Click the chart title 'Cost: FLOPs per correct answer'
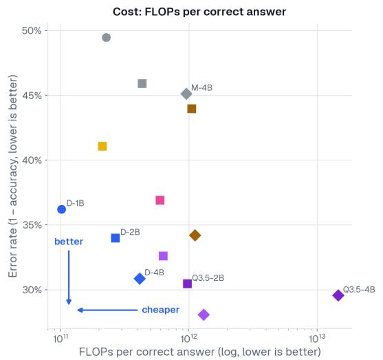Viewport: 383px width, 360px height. point(199,12)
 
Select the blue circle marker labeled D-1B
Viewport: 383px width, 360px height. point(62,209)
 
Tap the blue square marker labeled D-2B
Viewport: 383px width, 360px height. point(116,238)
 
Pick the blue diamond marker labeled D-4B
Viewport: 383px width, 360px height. point(140,279)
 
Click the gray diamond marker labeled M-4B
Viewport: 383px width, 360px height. point(186,94)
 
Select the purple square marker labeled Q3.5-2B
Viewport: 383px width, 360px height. point(187,284)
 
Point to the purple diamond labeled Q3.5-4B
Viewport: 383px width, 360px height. point(338,295)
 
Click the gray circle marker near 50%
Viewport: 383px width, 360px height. point(107,38)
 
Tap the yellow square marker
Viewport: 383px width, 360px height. point(102,146)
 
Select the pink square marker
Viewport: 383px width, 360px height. point(160,200)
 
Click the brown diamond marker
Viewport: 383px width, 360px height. point(195,235)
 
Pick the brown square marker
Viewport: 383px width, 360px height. point(192,109)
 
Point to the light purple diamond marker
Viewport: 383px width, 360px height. point(204,315)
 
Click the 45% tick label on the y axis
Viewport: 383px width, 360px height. point(32,96)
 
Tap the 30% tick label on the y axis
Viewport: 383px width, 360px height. point(32,290)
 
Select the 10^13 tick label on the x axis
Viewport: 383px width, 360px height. point(317,339)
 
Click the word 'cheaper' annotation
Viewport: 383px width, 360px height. point(161,310)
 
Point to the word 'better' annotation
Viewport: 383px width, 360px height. point(69,242)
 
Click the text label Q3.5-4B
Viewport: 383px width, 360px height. point(359,290)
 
